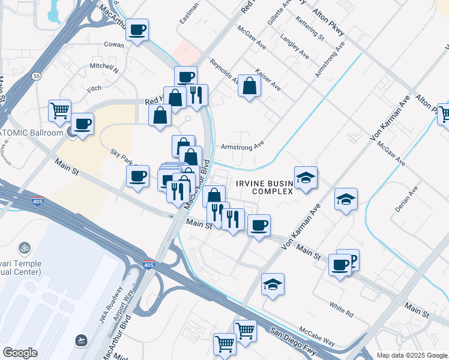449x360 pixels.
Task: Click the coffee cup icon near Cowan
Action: click(137, 29)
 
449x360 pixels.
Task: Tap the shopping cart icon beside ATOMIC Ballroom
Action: click(60, 110)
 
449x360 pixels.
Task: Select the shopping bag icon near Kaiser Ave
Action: click(249, 86)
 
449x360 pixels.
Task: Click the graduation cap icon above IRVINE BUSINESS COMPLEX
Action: click(306, 177)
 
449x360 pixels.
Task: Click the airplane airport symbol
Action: click(80, 341)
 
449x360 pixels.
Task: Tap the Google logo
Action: click(20, 353)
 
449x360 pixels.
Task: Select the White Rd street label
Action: click(341, 310)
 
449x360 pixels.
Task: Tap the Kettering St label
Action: click(310, 28)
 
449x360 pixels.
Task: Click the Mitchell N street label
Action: click(104, 66)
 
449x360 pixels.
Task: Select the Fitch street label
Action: click(94, 89)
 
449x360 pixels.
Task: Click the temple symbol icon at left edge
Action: click(25, 247)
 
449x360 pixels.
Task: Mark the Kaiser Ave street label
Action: click(268, 79)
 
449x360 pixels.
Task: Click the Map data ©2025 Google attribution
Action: click(412, 355)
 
